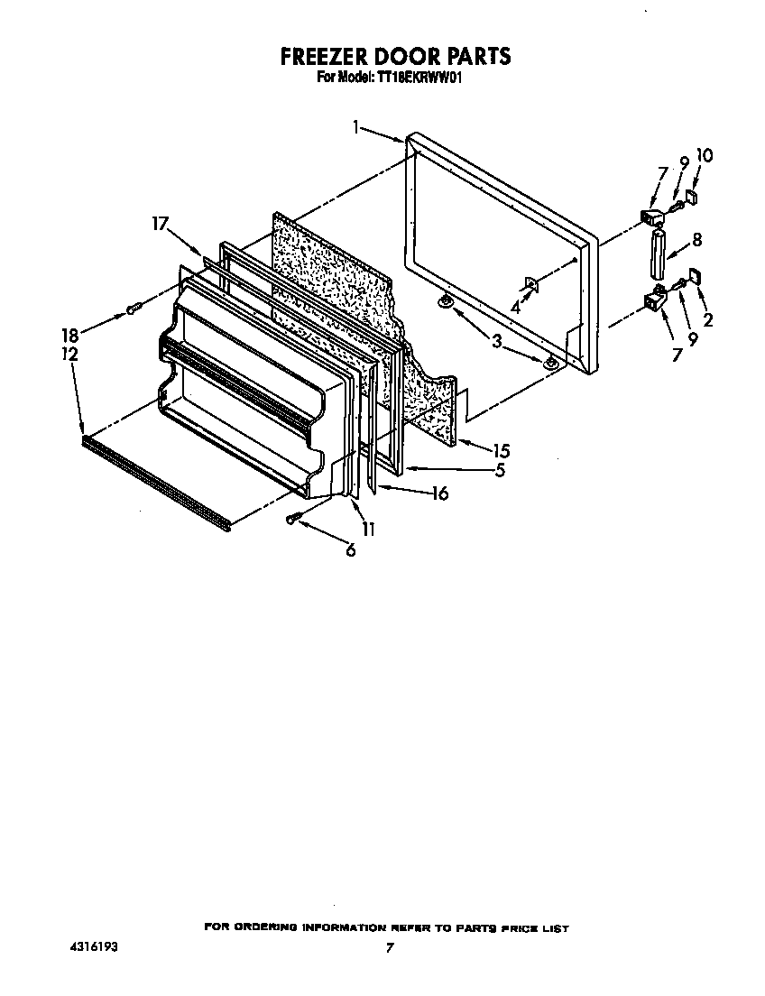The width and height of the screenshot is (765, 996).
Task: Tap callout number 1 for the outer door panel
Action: [357, 128]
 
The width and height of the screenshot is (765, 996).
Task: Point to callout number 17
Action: [160, 225]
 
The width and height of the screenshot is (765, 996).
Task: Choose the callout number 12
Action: [69, 355]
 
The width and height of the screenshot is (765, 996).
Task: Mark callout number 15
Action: [502, 448]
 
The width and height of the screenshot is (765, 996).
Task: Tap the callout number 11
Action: [368, 530]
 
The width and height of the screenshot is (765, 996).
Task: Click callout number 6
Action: [350, 550]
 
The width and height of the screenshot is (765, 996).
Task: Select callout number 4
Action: [515, 307]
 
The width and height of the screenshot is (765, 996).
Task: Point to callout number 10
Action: [705, 155]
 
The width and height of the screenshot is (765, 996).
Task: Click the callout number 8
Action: [696, 241]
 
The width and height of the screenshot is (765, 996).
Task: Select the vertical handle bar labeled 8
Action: [656, 255]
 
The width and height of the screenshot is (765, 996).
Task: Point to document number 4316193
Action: [93, 948]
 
